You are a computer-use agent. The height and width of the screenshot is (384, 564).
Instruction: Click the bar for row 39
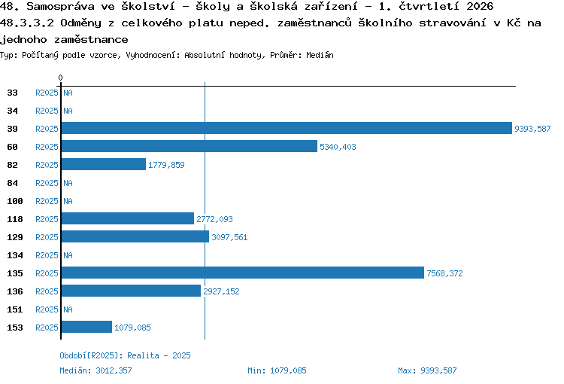[x=287, y=128]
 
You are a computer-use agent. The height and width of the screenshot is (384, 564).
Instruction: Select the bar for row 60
[x=190, y=146]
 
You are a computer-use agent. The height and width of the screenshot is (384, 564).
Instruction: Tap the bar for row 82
[x=104, y=164]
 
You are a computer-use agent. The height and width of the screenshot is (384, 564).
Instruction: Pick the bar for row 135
[x=243, y=273]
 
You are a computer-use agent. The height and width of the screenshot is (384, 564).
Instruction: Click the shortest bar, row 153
[x=86, y=327]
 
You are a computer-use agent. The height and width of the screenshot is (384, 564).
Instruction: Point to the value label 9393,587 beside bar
[x=532, y=129]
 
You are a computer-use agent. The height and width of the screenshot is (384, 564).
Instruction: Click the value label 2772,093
[x=214, y=219]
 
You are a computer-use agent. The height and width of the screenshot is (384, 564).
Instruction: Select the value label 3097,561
[x=229, y=237]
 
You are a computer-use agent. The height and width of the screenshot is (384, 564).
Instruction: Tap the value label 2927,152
[x=221, y=291]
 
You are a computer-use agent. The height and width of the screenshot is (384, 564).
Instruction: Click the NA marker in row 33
[x=68, y=93]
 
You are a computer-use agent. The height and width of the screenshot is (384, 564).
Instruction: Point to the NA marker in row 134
[x=68, y=255]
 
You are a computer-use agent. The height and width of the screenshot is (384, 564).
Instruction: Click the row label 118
[x=15, y=219]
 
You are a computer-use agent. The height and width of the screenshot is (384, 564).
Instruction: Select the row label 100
[x=15, y=201]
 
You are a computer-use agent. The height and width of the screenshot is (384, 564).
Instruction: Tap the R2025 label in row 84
[x=47, y=184]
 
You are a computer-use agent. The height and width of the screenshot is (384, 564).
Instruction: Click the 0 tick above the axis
[x=60, y=78]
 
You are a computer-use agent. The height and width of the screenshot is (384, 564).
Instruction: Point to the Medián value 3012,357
[x=114, y=370]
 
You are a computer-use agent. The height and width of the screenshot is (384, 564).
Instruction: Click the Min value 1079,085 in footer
[x=288, y=370]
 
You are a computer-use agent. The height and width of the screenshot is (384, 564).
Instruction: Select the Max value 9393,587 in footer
[x=438, y=370]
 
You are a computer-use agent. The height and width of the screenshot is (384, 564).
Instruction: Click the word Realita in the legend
[x=143, y=355]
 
